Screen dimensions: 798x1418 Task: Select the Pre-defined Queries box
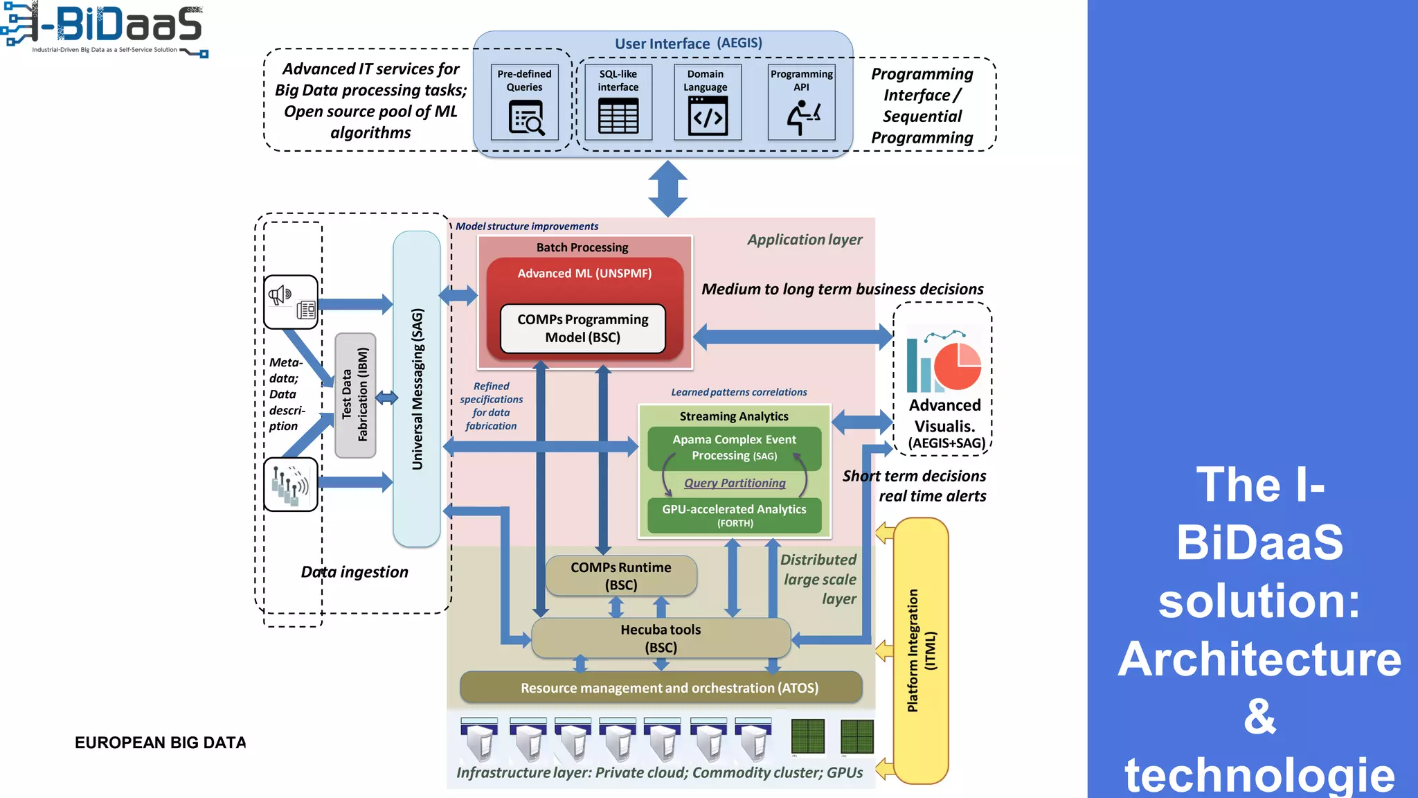tap(524, 102)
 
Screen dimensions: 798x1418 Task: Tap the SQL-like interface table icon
tap(618, 116)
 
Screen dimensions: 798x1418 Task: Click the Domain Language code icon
tap(707, 116)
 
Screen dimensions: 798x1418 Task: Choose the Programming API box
tap(801, 102)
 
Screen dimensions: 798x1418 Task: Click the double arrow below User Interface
tap(667, 188)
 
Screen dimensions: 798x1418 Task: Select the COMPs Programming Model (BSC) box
tap(582, 328)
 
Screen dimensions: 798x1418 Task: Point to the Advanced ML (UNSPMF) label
tap(584, 274)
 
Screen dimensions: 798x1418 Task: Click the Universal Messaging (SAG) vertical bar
tap(417, 389)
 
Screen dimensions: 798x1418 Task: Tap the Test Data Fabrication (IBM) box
tap(355, 395)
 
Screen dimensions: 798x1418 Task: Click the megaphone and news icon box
tap(291, 302)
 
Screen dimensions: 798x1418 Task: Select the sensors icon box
tap(291, 484)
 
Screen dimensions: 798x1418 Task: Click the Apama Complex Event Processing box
tap(734, 447)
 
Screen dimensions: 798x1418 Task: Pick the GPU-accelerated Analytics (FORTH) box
tap(734, 515)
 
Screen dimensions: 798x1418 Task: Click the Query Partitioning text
tap(735, 483)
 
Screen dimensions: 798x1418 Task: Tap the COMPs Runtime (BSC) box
tap(621, 576)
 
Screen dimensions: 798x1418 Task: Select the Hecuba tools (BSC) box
tap(661, 638)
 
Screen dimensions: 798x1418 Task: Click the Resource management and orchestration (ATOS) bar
tap(661, 688)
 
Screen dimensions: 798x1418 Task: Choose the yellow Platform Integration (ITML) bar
tap(920, 650)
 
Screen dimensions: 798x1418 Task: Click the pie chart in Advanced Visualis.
tap(958, 366)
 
